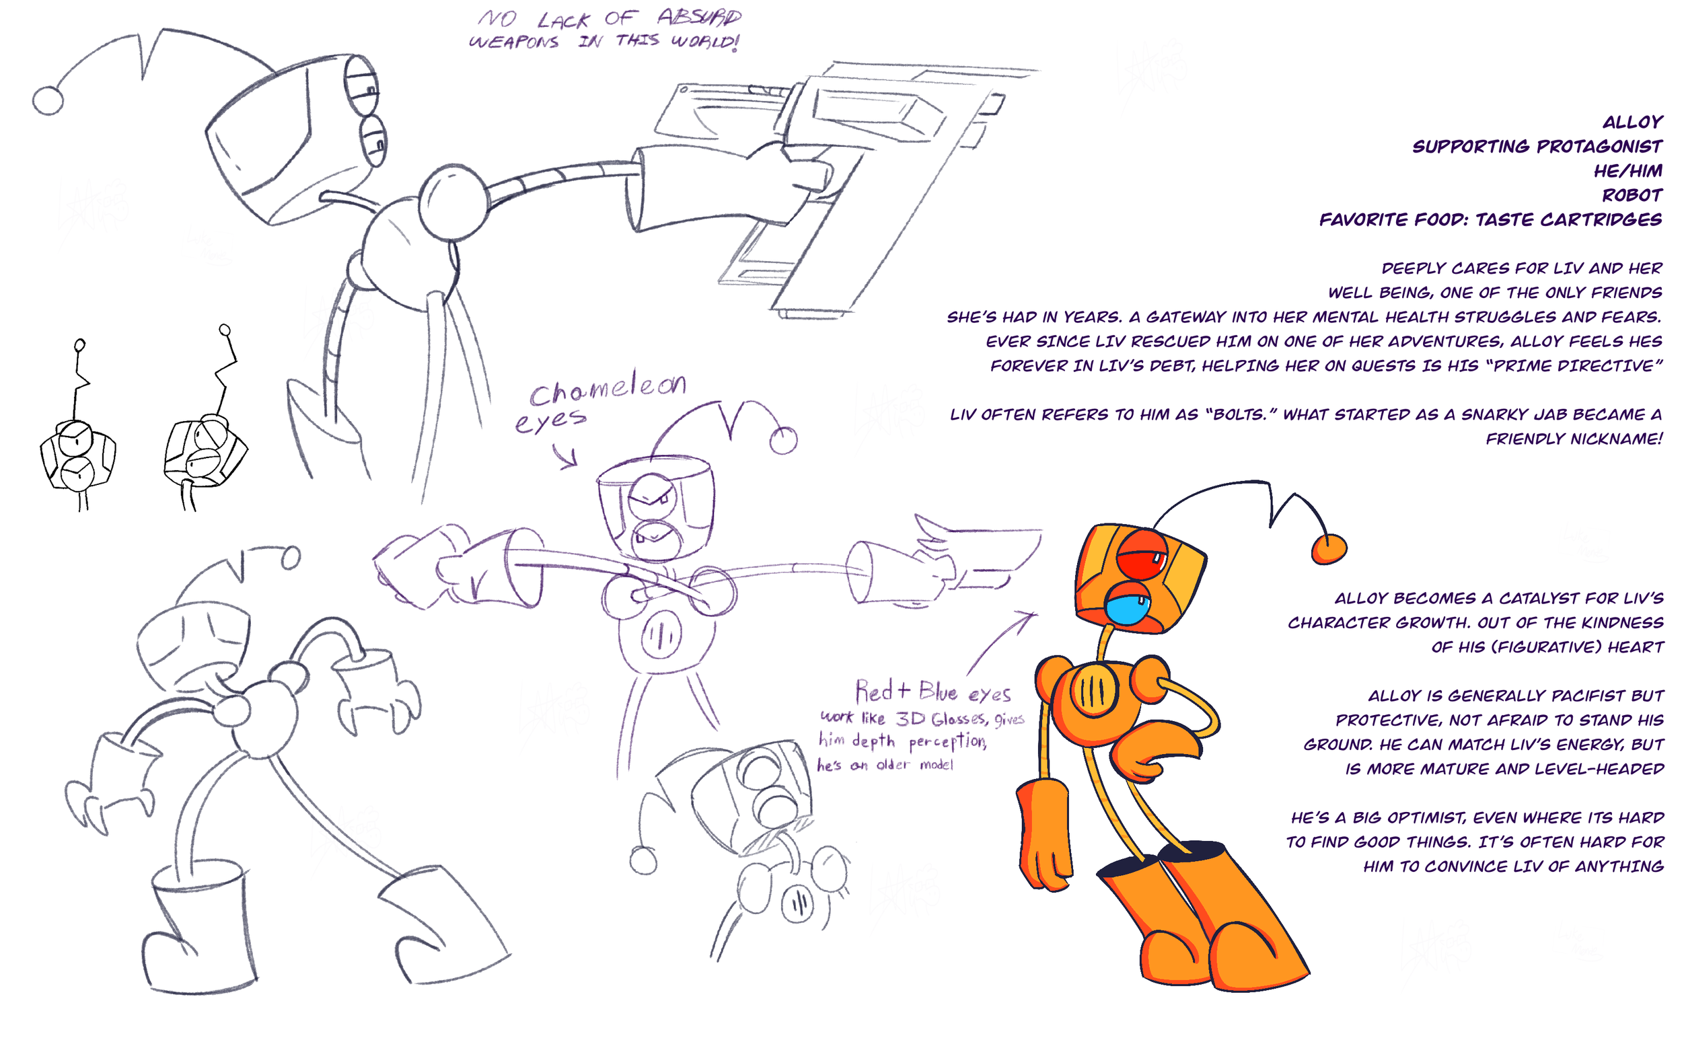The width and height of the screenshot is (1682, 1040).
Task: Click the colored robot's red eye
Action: coord(1140,555)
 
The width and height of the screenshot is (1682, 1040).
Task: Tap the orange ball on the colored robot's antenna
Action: coord(1328,549)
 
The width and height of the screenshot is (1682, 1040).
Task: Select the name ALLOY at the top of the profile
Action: coord(1632,122)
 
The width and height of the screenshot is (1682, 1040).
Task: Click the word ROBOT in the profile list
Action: coord(1631,195)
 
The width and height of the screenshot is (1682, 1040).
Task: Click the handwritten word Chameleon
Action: coord(608,389)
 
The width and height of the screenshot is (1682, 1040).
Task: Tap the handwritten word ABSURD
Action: coord(699,17)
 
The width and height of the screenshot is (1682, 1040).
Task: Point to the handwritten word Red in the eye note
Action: coord(874,691)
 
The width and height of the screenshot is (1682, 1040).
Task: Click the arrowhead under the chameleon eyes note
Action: coord(571,461)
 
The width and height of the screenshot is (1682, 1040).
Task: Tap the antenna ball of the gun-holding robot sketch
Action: coord(48,101)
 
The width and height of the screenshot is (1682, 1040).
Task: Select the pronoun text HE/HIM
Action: coord(1628,171)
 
